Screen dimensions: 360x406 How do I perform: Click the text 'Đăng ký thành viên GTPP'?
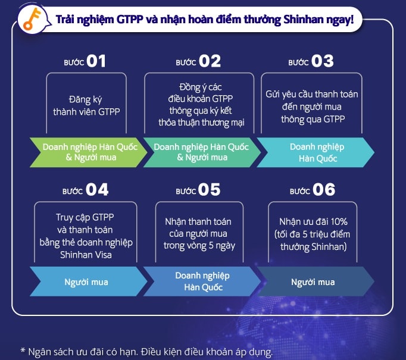point(86,105)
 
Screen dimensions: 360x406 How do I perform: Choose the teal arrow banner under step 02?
point(201,152)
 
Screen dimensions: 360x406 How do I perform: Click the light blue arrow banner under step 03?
point(313,152)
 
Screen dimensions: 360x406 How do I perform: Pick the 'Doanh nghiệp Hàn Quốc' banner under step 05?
point(201,281)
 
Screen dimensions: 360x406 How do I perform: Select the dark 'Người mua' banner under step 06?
point(313,281)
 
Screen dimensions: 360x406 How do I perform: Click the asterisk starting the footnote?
point(23,351)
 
